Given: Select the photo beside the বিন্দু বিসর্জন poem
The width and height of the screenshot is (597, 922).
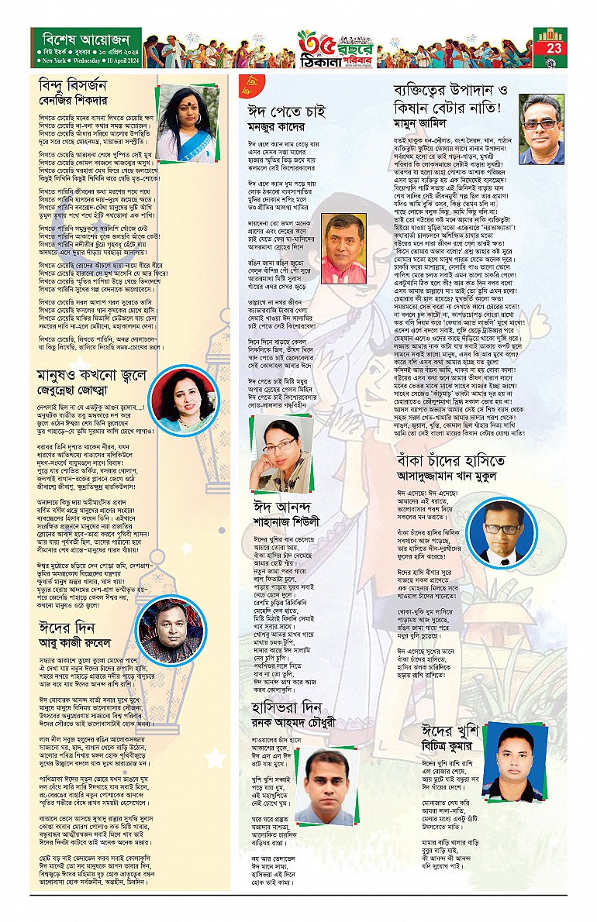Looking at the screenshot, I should tap(188, 113).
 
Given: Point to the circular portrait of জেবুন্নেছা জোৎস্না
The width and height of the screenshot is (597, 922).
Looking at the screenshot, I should tap(180, 393).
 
